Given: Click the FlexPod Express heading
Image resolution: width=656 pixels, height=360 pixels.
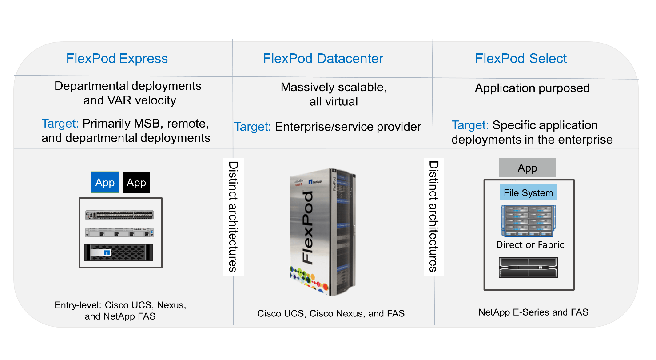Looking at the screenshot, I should click(117, 59).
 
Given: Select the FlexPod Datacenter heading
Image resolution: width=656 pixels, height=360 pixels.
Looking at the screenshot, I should click(323, 59).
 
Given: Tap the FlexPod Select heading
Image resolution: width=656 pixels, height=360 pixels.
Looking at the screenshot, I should click(521, 59).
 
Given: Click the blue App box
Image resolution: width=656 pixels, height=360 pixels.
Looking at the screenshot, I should click(105, 183).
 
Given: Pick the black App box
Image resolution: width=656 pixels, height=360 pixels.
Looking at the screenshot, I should click(136, 183).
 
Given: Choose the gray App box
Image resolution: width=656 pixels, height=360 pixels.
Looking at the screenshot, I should click(527, 168).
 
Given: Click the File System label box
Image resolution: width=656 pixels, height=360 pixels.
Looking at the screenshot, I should click(528, 193).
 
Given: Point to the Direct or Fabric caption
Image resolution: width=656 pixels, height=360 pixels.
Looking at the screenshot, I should click(530, 245).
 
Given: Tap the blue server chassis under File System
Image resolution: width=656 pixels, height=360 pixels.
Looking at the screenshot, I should click(529, 220).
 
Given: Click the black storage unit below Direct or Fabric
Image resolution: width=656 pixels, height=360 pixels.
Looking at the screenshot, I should click(529, 268).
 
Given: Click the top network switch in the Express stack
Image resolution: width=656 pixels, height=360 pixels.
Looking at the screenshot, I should click(120, 215).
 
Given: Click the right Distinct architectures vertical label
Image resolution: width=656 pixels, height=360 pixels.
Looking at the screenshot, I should click(433, 216).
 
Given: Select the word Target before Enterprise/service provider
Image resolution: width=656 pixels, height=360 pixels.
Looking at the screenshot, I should click(253, 127).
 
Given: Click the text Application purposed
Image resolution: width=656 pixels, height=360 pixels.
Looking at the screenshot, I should click(532, 88).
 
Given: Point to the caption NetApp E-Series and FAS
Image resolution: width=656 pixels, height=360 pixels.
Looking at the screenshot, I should click(533, 312).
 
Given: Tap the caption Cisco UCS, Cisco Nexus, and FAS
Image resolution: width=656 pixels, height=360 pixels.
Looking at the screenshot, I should click(331, 314).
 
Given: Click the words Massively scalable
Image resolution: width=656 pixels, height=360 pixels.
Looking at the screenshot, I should click(334, 88).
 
